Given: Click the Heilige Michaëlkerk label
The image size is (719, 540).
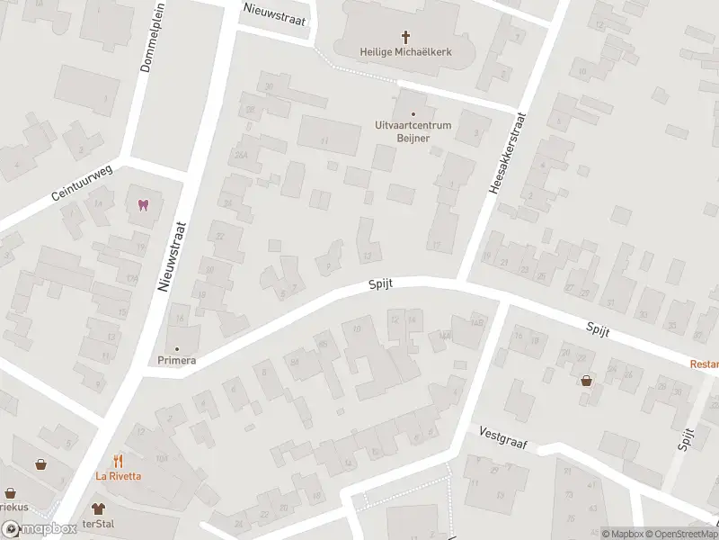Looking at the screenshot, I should (405, 52).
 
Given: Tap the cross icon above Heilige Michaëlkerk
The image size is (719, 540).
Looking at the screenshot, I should (405, 37).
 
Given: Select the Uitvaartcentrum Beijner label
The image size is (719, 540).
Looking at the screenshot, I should (413, 132).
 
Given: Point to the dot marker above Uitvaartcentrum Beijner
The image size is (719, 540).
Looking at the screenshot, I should (413, 113).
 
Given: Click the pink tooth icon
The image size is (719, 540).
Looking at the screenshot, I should (141, 204).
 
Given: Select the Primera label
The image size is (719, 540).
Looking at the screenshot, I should (176, 360).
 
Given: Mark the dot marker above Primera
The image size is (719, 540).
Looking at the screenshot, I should (176, 348).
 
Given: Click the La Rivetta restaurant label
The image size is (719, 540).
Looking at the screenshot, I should (118, 477).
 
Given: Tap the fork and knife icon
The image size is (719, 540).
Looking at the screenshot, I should (118, 461).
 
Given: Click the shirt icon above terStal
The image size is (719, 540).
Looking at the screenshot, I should (98, 508).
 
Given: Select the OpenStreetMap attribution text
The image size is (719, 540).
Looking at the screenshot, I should (682, 534).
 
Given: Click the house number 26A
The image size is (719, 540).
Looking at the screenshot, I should (241, 155).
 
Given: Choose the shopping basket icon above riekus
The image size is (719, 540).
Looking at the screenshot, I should (10, 493).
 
